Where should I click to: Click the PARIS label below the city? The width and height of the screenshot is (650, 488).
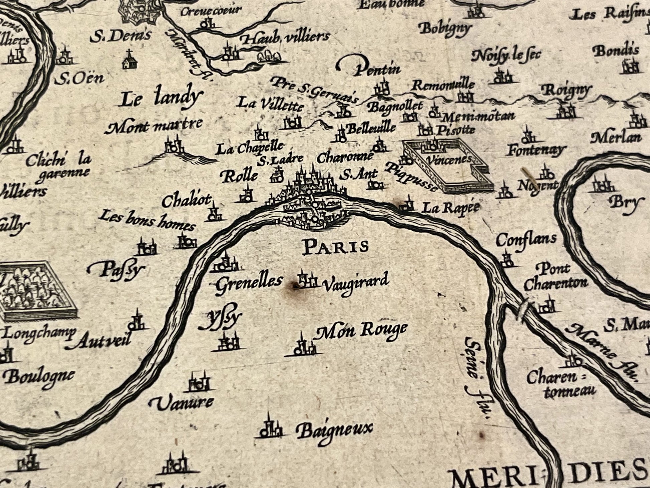(x=335, y=247)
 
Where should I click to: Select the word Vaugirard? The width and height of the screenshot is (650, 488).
(x=356, y=283)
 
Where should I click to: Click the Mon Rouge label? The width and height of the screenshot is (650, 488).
(x=362, y=331)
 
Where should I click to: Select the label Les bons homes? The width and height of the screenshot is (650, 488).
(x=147, y=221)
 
